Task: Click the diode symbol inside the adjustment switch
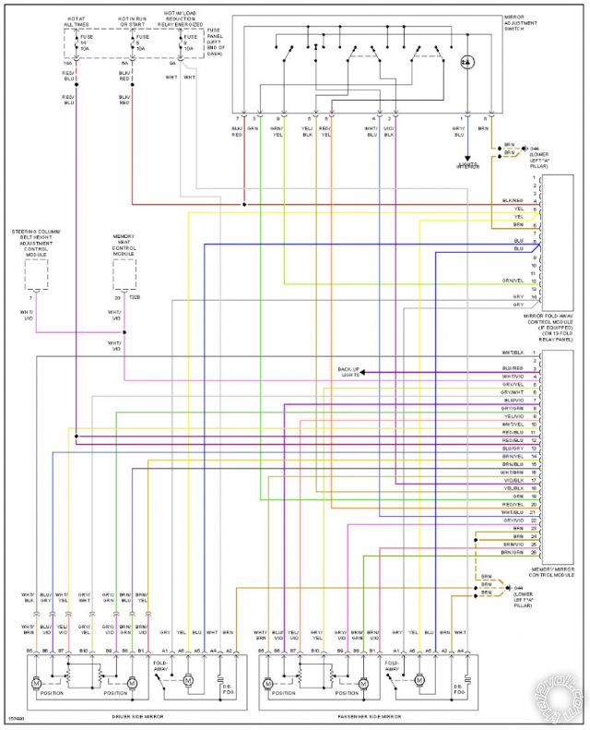466,61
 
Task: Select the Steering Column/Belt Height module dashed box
36,274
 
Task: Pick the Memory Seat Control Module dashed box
124,274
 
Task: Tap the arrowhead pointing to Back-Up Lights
362,373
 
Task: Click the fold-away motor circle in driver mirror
187,681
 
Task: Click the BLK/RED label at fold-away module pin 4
513,200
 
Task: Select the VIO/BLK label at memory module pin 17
513,481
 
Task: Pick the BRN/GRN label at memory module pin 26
513,552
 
